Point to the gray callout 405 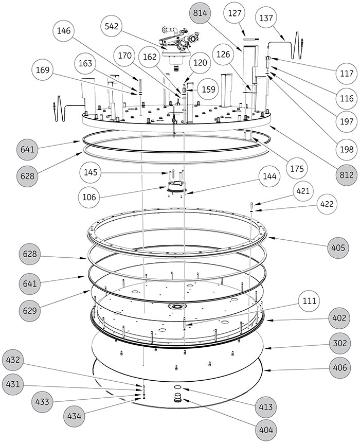(x=340, y=247)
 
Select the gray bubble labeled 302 (x=340, y=343)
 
